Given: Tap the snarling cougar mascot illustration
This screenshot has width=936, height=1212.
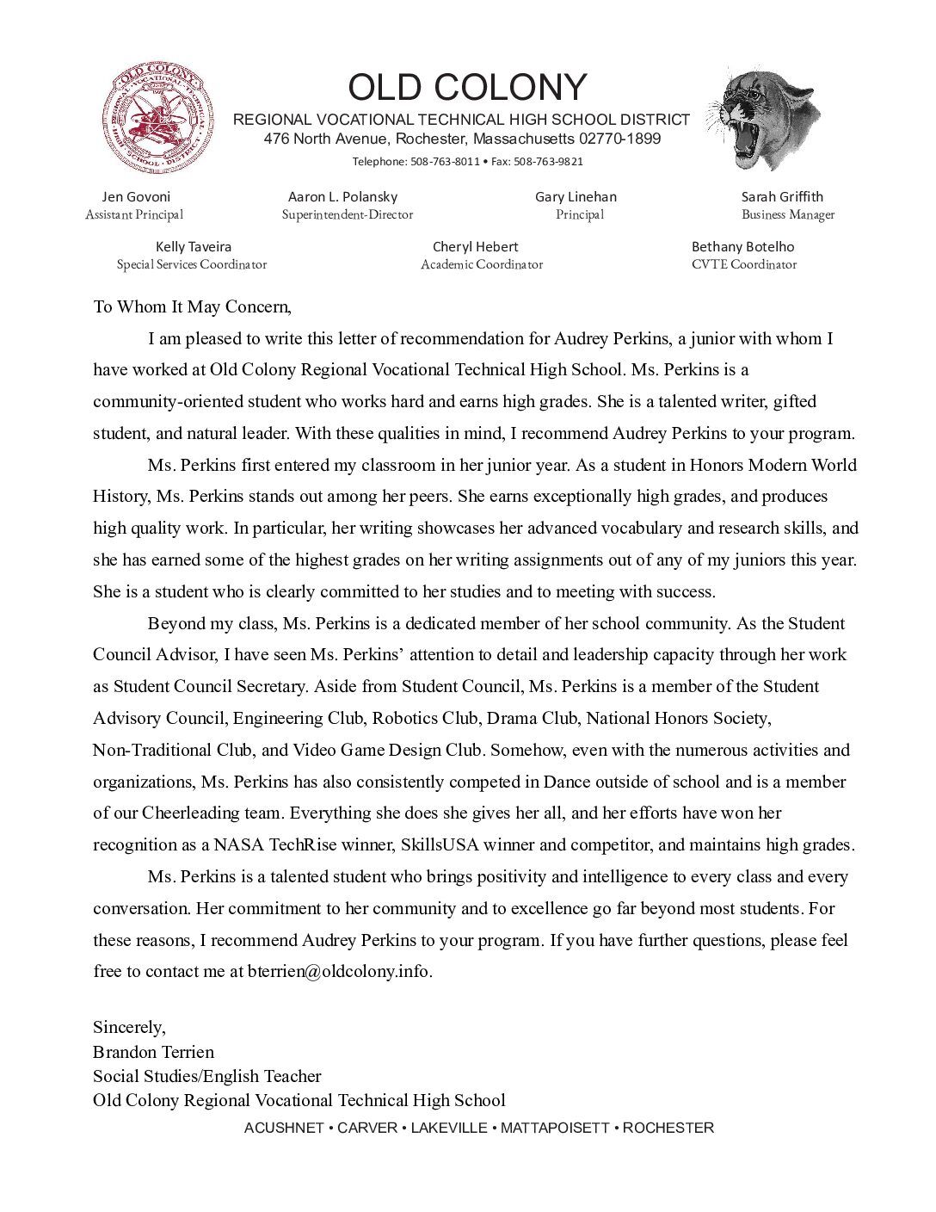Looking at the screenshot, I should pyautogui.click(x=764, y=118).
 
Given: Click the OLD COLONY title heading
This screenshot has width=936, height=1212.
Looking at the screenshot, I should pyautogui.click(x=467, y=88).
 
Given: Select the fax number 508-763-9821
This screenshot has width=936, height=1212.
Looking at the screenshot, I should pyautogui.click(x=549, y=161).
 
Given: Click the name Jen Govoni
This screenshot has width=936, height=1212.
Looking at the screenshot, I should pyautogui.click(x=136, y=196).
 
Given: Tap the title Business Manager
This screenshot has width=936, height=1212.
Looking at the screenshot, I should pyautogui.click(x=788, y=214).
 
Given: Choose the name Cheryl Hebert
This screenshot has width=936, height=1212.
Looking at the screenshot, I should pyautogui.click(x=475, y=246).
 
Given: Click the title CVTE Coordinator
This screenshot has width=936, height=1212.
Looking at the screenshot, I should pyautogui.click(x=743, y=264).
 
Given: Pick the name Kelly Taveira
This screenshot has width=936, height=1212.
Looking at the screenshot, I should pyautogui.click(x=194, y=246).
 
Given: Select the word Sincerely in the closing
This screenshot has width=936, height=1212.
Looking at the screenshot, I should pyautogui.click(x=127, y=1027).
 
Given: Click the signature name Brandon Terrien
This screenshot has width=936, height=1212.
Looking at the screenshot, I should pyautogui.click(x=153, y=1052).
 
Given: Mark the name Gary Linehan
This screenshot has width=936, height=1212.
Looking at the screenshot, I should pyautogui.click(x=576, y=196).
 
